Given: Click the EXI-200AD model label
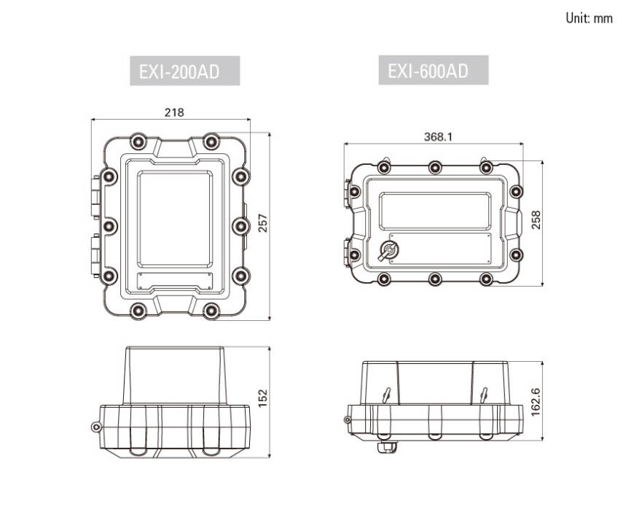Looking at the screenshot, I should click(x=184, y=72).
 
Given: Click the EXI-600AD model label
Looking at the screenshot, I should click(x=433, y=71).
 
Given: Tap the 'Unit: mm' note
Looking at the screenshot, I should click(x=589, y=18).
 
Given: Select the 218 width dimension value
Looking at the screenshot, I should click(x=174, y=112).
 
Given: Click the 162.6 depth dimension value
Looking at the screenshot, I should click(x=536, y=402).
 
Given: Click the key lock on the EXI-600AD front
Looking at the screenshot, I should click(x=388, y=252).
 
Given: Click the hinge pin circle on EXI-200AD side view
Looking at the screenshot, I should click(x=93, y=427).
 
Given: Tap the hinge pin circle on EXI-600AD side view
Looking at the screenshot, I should click(x=348, y=419).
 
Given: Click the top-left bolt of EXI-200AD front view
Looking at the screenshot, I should click(x=136, y=141).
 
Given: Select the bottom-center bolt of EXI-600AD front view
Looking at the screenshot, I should click(x=435, y=279).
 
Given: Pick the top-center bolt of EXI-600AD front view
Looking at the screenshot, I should click(x=435, y=168).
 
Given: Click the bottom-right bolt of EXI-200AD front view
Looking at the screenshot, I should click(x=211, y=311).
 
